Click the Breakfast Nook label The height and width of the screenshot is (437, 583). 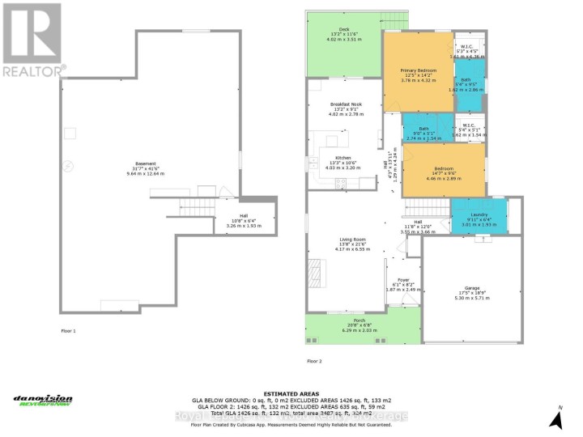(x=347, y=105)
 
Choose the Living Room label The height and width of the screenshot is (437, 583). (x=354, y=240)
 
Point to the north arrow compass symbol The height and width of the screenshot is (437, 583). (x=555, y=419)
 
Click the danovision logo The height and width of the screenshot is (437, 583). (x=43, y=400)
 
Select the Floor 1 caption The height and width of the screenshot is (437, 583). (x=69, y=331)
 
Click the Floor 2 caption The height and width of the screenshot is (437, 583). (x=314, y=360)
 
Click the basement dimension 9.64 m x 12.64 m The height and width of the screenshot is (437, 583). (x=146, y=173)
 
